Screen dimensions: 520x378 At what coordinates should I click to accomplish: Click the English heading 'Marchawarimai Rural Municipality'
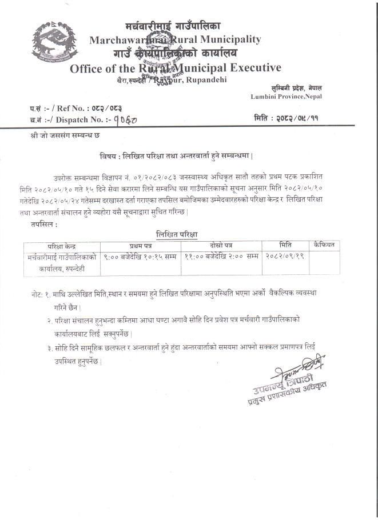click(175, 39)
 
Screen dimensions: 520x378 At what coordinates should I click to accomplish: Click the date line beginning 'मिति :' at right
click(289, 118)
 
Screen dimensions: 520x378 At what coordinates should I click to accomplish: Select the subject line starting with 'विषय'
click(177, 155)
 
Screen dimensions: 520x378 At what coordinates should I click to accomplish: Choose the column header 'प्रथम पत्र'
click(140, 245)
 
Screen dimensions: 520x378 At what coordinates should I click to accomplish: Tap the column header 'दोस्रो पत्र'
click(221, 245)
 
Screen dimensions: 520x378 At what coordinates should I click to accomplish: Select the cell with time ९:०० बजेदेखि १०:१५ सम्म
click(141, 256)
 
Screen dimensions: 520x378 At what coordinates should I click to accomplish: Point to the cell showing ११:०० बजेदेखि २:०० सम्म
click(221, 256)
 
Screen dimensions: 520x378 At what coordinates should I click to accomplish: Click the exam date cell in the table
click(284, 256)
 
